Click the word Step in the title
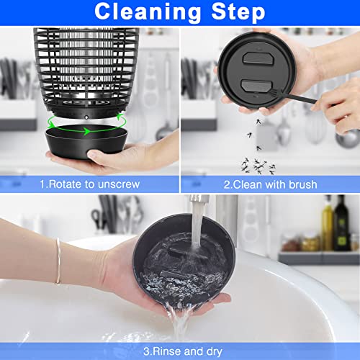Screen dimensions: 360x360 [234, 12]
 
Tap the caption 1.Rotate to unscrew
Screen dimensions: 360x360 [90, 185]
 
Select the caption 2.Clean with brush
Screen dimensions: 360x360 [270, 185]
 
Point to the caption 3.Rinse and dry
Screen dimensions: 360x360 [180, 351]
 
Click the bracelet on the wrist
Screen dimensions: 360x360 [58, 261]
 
